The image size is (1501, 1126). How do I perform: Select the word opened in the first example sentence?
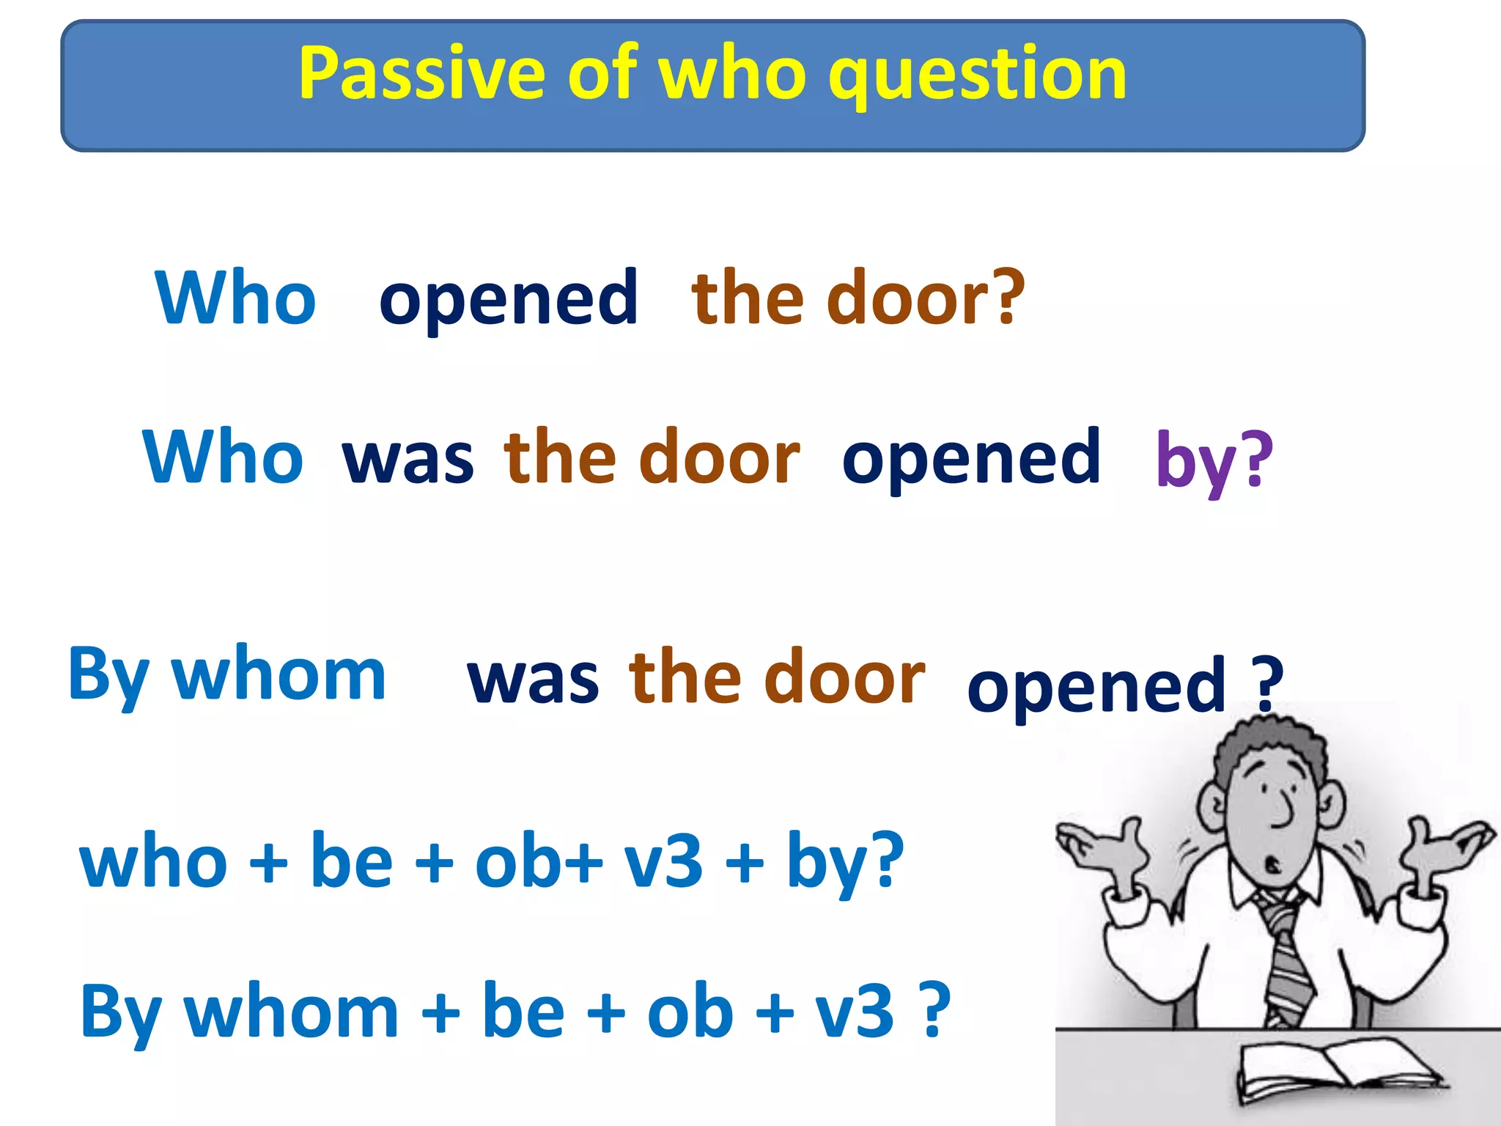[x=509, y=299]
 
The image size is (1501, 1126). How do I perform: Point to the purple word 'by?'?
[x=1214, y=460]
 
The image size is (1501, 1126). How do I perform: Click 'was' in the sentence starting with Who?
[x=407, y=460]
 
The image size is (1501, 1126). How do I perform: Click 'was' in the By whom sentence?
[x=533, y=680]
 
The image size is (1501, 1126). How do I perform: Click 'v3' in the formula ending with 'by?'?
[x=663, y=861]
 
